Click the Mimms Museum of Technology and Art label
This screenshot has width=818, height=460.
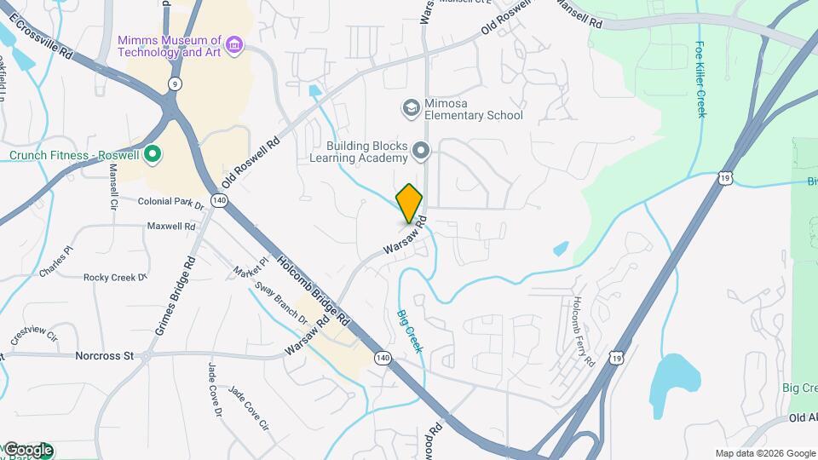(x=170, y=46)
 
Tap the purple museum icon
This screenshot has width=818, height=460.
(x=235, y=43)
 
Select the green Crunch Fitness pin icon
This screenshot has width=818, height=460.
(x=153, y=155)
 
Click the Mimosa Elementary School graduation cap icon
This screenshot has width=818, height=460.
(x=411, y=107)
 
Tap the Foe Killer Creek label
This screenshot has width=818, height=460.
(x=700, y=80)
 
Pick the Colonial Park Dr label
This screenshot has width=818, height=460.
(x=171, y=203)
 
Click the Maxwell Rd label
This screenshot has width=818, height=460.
(x=171, y=227)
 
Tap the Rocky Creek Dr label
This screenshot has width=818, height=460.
(x=116, y=277)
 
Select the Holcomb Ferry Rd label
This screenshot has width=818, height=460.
(x=584, y=332)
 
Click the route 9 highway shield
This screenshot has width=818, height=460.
(x=174, y=83)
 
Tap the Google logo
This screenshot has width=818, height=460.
(x=28, y=450)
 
